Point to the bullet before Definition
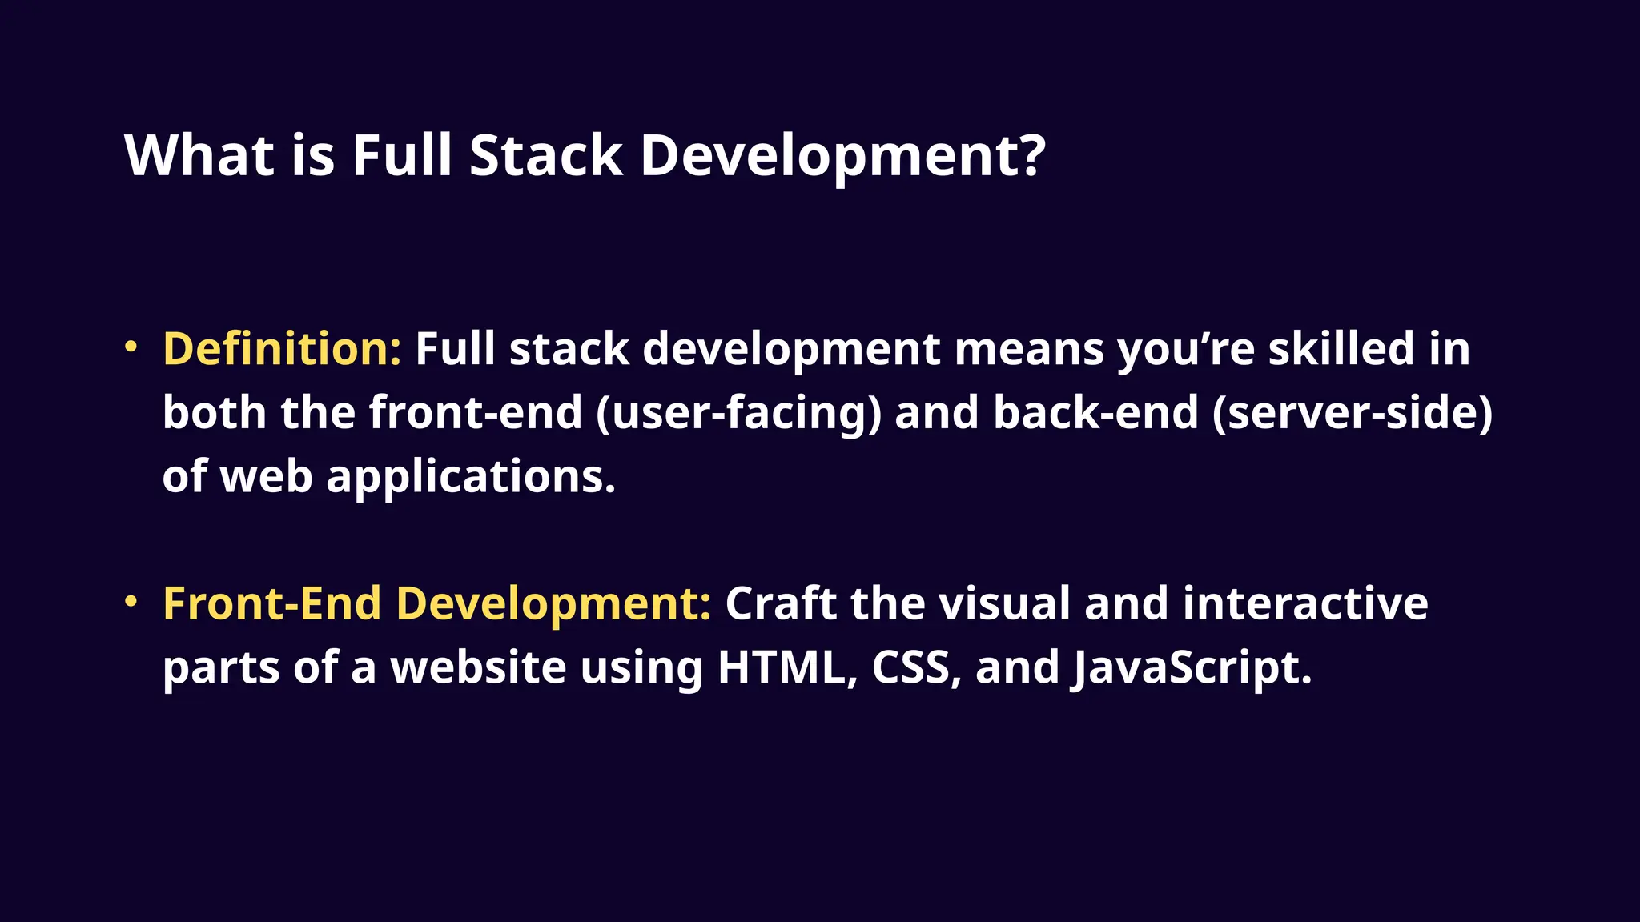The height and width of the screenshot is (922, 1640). coord(131,347)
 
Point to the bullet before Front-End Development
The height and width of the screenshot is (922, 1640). coord(131,602)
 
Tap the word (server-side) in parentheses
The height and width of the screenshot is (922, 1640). coord(1352,413)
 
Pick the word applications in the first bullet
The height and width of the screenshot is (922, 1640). coord(471,478)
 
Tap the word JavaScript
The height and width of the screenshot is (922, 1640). coord(1191,667)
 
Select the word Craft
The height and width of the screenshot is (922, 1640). coord(780,603)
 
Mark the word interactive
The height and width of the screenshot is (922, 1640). coord(1304,603)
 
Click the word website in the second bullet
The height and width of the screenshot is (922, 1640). coord(478,667)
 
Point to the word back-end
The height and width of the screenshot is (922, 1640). coord(1095,413)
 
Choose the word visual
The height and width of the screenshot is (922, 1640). coord(1004,603)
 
